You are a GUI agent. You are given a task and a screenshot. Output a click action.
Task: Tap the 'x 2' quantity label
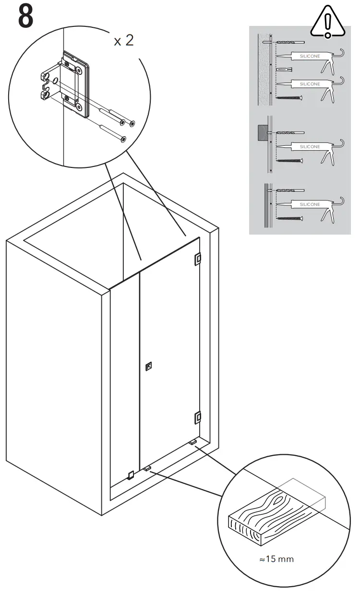point(123,41)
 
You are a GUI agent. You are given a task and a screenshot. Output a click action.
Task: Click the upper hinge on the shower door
point(197,259)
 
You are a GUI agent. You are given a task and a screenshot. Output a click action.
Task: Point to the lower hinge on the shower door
point(197,418)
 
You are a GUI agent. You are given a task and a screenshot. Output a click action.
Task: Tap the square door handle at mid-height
point(148,367)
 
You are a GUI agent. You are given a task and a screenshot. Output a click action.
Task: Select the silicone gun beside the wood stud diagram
point(312,146)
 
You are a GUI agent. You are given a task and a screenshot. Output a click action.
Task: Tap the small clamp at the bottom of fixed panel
point(130,475)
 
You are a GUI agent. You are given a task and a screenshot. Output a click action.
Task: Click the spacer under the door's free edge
point(147,468)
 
